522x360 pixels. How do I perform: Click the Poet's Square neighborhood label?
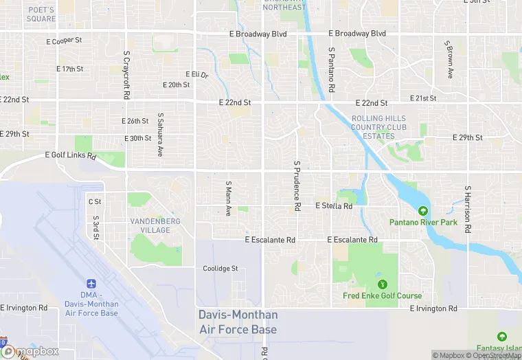click(x=41, y=14)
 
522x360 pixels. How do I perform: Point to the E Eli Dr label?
click(x=196, y=74)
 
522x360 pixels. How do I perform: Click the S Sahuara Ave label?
click(x=160, y=135)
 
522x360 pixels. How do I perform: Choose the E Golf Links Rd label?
click(x=71, y=157)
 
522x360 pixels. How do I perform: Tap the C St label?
click(x=95, y=201)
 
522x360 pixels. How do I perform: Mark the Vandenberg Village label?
click(x=155, y=225)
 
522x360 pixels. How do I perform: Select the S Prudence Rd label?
click(x=297, y=186)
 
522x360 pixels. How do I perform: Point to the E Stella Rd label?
click(x=334, y=205)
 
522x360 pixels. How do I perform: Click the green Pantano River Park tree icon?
click(x=423, y=211)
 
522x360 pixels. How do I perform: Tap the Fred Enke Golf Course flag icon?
click(x=382, y=284)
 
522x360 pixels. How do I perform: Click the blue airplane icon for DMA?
click(x=91, y=284)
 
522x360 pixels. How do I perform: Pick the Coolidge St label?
click(x=220, y=269)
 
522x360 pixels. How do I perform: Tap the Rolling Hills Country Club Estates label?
click(x=378, y=127)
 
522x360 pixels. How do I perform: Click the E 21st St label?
click(x=423, y=98)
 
